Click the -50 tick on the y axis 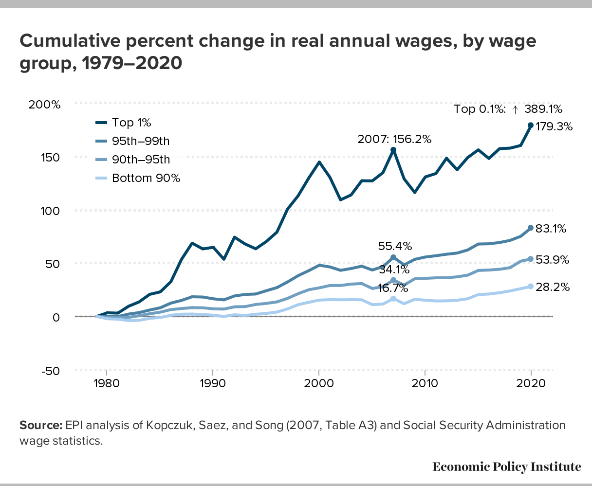click(x=49, y=371)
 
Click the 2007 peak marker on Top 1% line click(x=393, y=150)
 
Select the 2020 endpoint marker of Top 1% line click(x=531, y=125)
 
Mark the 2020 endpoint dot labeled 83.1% click(x=531, y=228)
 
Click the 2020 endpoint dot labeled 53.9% click(x=531, y=259)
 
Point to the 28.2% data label click(x=553, y=288)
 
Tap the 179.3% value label click(x=554, y=127)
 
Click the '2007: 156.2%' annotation click(x=394, y=139)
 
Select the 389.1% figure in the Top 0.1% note click(x=543, y=109)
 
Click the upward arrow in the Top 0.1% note click(x=515, y=109)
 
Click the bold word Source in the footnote click(x=40, y=426)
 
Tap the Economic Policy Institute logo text click(x=506, y=467)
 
